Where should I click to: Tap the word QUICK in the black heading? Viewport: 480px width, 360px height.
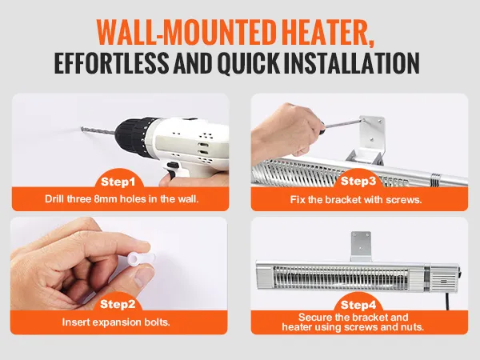[248, 63]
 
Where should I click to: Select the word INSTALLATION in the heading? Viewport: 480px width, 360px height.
[352, 62]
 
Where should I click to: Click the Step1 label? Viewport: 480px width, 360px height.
[118, 182]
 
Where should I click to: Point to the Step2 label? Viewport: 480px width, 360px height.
[118, 304]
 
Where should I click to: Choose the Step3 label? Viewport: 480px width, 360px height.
[358, 181]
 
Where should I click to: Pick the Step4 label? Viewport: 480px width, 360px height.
[358, 305]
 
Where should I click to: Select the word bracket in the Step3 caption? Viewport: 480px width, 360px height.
[343, 200]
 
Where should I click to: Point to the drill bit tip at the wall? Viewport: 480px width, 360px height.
[82, 129]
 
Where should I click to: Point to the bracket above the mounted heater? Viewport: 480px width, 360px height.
[361, 246]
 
